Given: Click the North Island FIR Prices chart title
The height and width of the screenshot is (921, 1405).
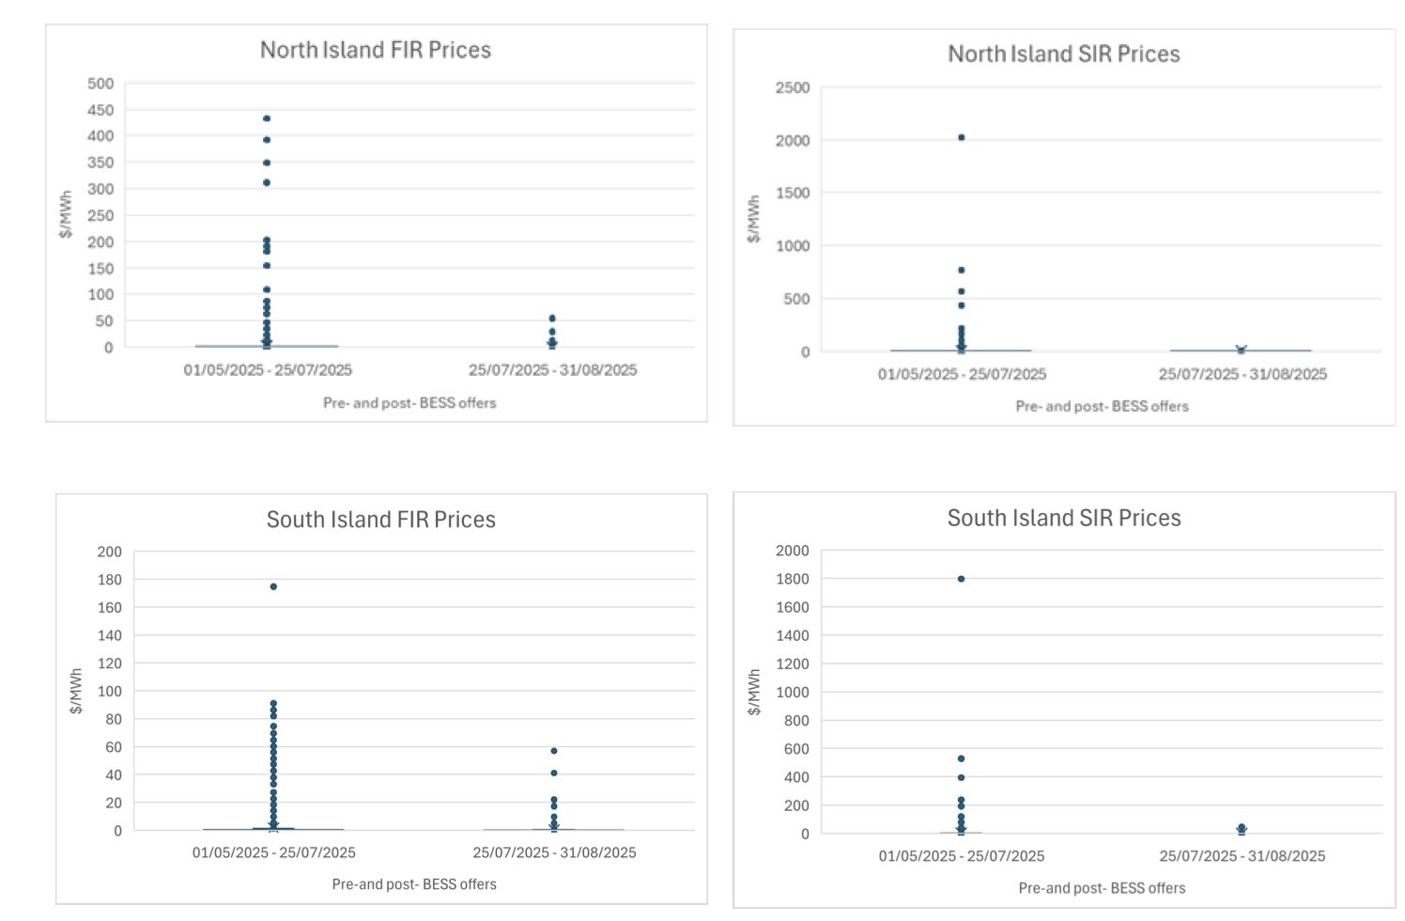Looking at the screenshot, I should pos(376,50).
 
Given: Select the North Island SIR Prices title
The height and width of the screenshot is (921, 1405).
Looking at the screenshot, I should pos(1063,55).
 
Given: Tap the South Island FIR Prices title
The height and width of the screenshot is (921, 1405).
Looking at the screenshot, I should pos(380,520).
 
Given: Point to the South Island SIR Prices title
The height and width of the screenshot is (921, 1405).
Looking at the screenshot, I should pos(1063,518).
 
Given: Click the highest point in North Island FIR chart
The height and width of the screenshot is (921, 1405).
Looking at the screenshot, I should pos(267,118).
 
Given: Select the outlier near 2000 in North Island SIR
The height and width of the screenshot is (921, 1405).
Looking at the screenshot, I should pos(961,137).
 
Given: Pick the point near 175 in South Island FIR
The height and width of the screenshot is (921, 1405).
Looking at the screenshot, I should pos(273,586).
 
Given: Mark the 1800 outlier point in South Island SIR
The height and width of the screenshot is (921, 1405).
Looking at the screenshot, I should pos(961,579).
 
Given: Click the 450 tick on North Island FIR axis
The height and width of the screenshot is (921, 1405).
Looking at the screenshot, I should pos(100,110).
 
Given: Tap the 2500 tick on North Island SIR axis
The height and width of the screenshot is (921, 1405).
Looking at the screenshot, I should pos(792,87).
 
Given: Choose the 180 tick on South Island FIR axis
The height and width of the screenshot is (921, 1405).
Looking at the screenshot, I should pos(109,580).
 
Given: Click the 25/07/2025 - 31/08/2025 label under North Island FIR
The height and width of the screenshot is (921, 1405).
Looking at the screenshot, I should pos(552,370).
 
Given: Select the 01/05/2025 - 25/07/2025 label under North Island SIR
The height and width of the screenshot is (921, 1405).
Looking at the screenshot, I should pos(962,374).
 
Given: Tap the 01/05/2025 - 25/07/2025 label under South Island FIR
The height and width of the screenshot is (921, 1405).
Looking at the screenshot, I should pos(273,852).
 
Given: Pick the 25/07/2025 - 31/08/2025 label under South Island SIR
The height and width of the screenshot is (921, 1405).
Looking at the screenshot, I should pos(1242,856).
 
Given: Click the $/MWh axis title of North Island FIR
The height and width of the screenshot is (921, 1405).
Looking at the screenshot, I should pos(66,214).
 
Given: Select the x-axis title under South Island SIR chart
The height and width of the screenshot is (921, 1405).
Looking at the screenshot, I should pos(1102,888).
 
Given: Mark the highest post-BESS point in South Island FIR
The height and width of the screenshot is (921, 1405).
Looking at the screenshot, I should pos(554,751).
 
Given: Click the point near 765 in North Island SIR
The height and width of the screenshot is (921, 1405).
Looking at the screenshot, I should pos(961,270).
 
